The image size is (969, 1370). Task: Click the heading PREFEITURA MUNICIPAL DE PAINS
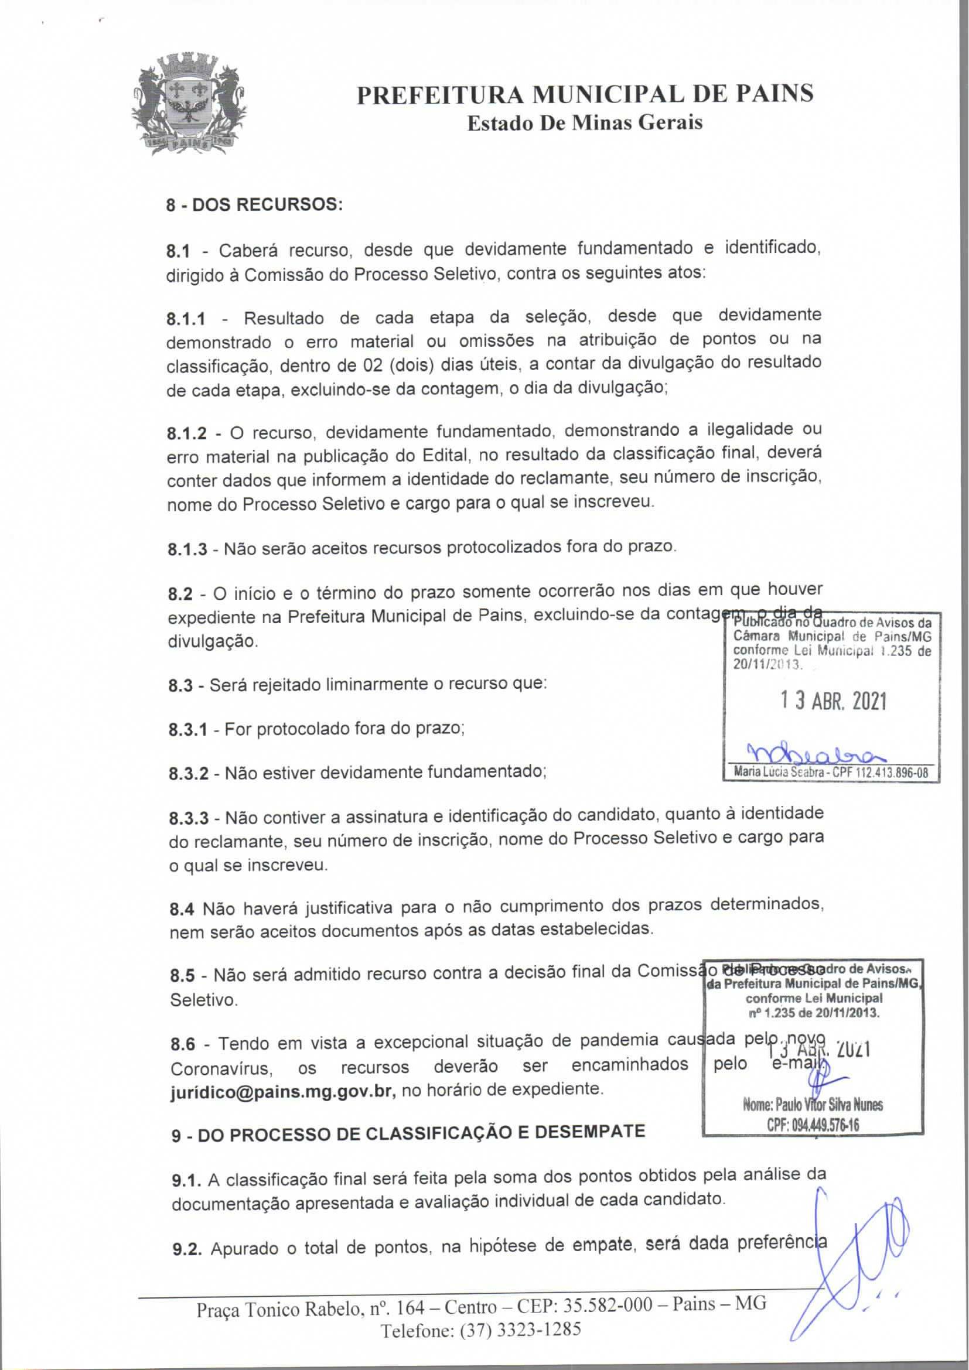pyautogui.click(x=585, y=94)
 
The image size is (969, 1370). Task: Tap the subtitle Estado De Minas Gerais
pyautogui.click(x=585, y=123)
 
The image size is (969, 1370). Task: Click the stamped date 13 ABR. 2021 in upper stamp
pyautogui.click(x=834, y=702)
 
